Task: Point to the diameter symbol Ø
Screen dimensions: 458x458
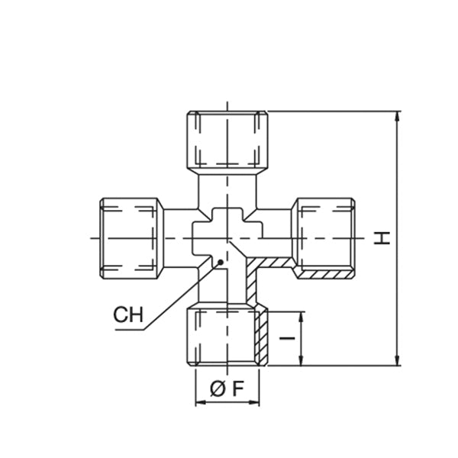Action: [x=217, y=388]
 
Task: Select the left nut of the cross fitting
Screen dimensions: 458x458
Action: [x=131, y=238]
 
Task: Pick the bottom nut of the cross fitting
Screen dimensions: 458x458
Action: [x=228, y=336]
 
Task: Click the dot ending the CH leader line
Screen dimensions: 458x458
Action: [x=221, y=262]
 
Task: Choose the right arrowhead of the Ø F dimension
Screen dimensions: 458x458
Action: [x=263, y=402]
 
